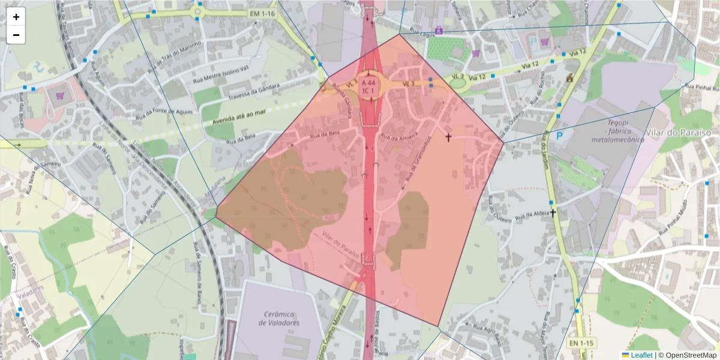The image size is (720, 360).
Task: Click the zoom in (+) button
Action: (x=16, y=17)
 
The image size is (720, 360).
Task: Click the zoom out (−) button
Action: (x=16, y=35)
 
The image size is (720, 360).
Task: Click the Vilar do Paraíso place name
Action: (x=678, y=132)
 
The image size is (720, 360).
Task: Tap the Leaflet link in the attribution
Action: (x=641, y=355)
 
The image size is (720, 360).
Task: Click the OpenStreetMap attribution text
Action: (x=688, y=355)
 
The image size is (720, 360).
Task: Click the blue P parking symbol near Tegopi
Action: (x=560, y=136)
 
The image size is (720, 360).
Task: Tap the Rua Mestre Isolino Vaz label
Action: (x=220, y=73)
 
